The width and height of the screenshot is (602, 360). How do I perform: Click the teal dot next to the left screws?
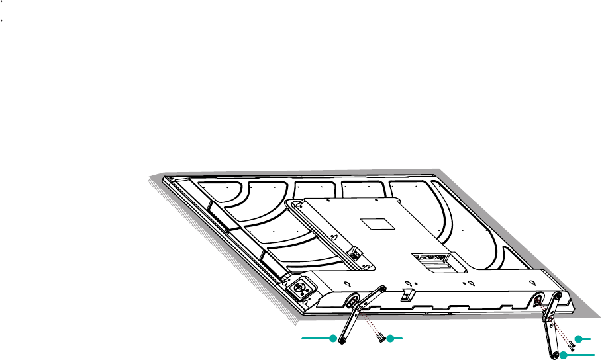(x=391, y=339)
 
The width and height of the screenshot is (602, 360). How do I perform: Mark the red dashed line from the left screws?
(x=370, y=323)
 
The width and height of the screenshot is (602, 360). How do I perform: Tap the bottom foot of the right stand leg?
(x=553, y=354)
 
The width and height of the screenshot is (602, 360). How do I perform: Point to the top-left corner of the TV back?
(x=170, y=179)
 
